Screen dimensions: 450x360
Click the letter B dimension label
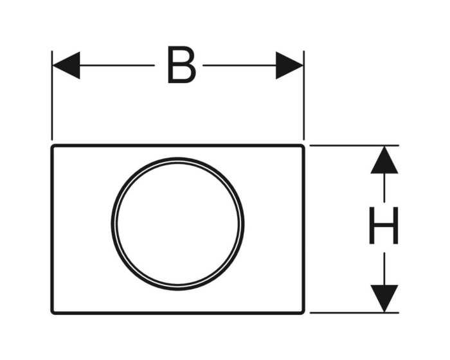[x=182, y=65]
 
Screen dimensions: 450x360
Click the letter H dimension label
[x=384, y=226]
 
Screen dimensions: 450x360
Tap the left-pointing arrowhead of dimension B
[x=66, y=66]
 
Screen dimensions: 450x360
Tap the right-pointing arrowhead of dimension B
[x=289, y=66]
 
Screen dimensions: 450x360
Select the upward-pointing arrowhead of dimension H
[x=384, y=160]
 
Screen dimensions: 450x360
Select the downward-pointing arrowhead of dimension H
[x=384, y=298]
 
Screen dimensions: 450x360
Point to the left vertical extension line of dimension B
[x=52, y=95]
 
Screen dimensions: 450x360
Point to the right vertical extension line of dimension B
[x=304, y=95]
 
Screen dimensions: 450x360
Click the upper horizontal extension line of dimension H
[x=354, y=145]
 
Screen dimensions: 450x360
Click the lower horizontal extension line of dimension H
[x=354, y=312]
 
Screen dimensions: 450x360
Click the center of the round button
[x=177, y=224]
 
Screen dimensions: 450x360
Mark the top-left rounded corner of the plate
[x=53, y=147]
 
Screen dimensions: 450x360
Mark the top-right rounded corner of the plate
[x=302, y=147]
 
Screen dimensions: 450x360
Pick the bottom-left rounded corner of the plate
[x=53, y=312]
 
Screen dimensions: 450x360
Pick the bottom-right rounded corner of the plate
[x=302, y=312]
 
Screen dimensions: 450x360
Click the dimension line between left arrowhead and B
[x=117, y=66]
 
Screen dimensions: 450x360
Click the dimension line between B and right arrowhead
[x=239, y=66]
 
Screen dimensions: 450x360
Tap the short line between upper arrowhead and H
[x=384, y=188]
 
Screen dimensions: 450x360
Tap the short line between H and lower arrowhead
[x=384, y=269]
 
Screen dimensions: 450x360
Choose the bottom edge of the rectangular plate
[x=177, y=313]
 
